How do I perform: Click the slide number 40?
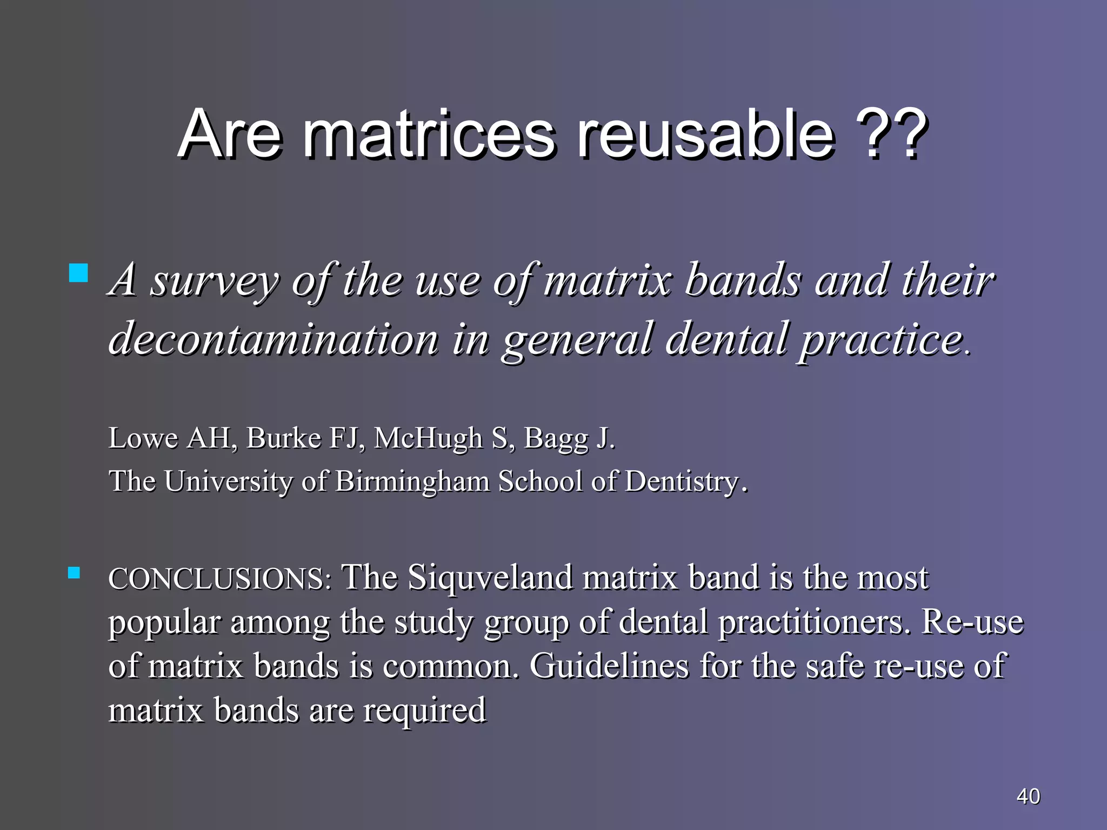click(x=1028, y=796)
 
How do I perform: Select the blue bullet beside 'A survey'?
click(x=79, y=273)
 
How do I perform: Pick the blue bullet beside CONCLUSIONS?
click(x=74, y=573)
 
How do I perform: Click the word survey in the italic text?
click(x=214, y=281)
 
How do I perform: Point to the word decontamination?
click(x=273, y=339)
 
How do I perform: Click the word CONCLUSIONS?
click(x=219, y=579)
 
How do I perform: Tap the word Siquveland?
click(x=490, y=578)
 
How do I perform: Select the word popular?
click(x=164, y=622)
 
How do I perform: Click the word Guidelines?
click(x=609, y=666)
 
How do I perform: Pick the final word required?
click(x=424, y=710)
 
